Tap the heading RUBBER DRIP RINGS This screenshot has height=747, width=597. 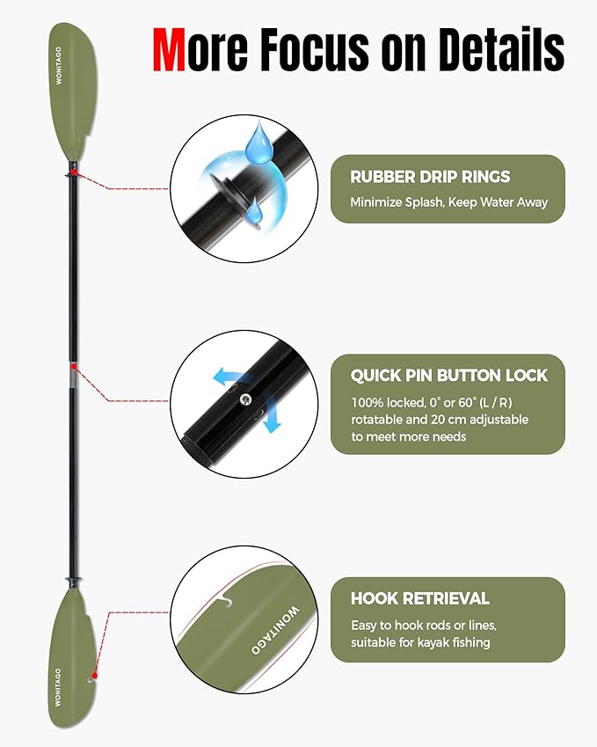tap(430, 177)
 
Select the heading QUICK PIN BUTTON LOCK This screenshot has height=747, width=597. tap(449, 376)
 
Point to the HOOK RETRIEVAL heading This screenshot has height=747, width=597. tap(420, 598)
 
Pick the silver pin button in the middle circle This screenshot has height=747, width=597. tap(246, 400)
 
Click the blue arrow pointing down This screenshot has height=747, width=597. tap(273, 419)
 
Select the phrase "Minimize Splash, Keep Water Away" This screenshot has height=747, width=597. tap(448, 202)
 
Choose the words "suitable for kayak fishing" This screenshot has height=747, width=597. tap(420, 642)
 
